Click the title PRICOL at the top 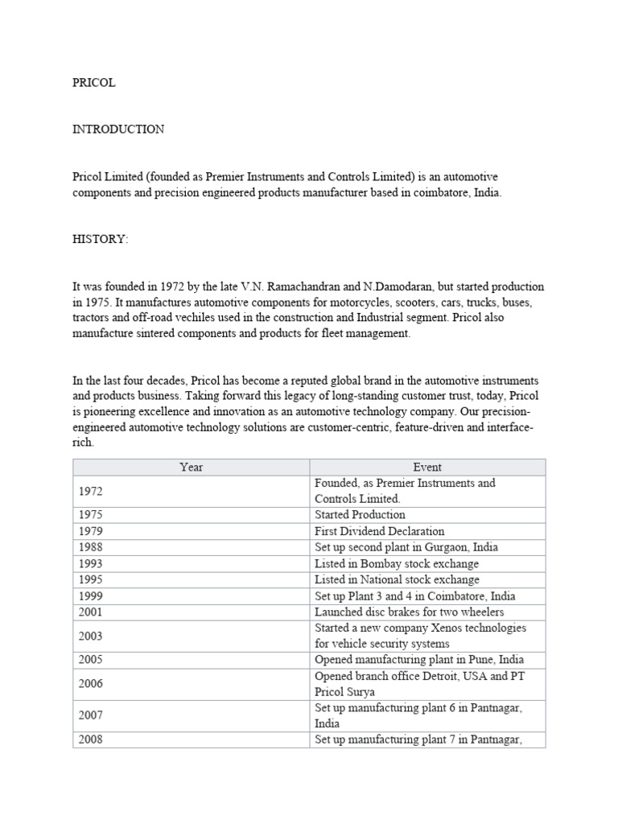[x=93, y=83]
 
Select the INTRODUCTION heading [x=118, y=130]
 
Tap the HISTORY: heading [x=101, y=241]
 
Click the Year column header [x=192, y=467]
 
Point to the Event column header [x=426, y=467]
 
